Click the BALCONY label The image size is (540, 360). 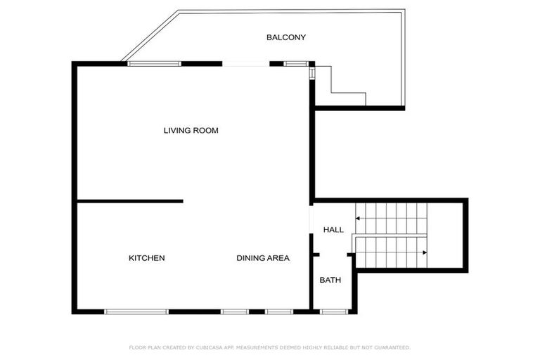285,37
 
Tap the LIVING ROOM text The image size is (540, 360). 191,131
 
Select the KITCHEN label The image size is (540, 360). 146,258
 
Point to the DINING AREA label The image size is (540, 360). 262,258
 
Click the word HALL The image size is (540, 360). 333,230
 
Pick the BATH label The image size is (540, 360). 330,280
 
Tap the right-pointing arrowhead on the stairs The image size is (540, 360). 425,252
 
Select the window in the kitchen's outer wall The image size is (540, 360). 136,311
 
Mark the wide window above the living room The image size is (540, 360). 154,64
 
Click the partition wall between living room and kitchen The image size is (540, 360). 130,201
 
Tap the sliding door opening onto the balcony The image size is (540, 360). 245,65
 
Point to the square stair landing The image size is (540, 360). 444,236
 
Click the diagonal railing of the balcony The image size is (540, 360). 150,34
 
